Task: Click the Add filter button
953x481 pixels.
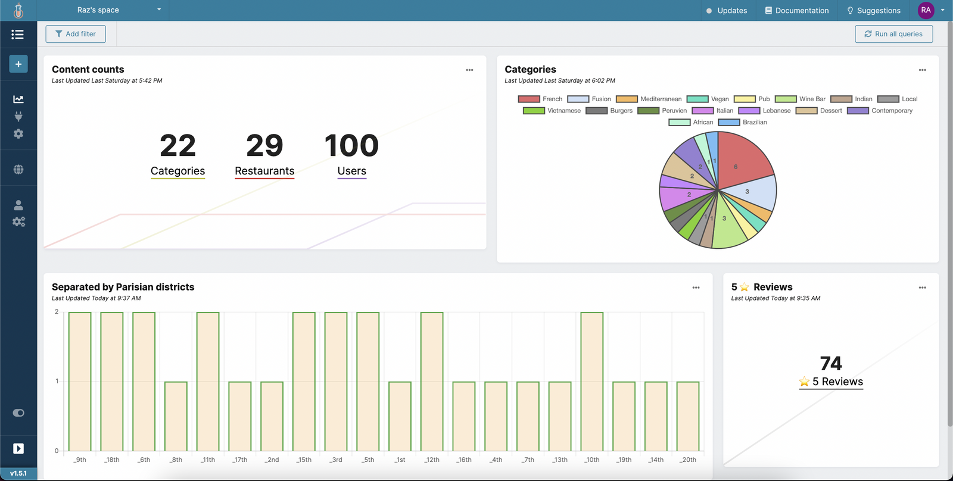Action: click(x=76, y=34)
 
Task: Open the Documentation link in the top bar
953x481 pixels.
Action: click(x=796, y=11)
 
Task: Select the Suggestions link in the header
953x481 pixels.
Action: click(x=873, y=11)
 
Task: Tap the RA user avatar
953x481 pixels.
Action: click(x=926, y=10)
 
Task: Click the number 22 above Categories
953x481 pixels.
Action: click(x=177, y=146)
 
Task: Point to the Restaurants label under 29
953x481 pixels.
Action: click(x=264, y=171)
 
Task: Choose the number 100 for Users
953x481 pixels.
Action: click(x=351, y=146)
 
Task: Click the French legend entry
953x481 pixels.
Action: click(x=540, y=99)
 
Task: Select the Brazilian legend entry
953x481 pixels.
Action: click(x=743, y=123)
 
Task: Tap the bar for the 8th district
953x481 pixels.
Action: click(x=176, y=416)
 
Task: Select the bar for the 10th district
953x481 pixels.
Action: click(x=592, y=381)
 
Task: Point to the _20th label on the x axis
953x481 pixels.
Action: click(x=688, y=460)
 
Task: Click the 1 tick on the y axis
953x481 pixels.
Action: click(x=57, y=382)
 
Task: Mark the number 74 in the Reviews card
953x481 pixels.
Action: click(x=831, y=363)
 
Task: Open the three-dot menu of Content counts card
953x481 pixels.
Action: click(x=469, y=70)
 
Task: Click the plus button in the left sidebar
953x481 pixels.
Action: click(x=18, y=64)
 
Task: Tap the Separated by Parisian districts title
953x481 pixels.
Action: click(x=123, y=287)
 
